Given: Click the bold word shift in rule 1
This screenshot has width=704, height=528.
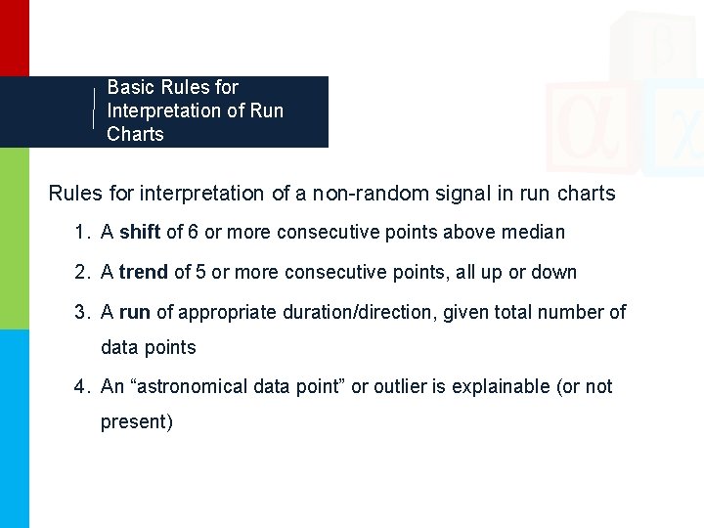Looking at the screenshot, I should [x=140, y=233].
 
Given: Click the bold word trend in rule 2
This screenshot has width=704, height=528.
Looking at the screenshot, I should [x=144, y=272].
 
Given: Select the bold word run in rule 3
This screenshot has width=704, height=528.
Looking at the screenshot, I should [x=135, y=312].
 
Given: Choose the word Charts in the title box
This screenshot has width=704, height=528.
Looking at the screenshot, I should [x=135, y=134].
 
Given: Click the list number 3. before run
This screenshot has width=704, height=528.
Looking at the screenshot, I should [x=82, y=312].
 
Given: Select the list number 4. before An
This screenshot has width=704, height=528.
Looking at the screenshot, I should [x=82, y=386].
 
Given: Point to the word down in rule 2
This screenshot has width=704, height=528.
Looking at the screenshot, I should [x=554, y=272].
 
